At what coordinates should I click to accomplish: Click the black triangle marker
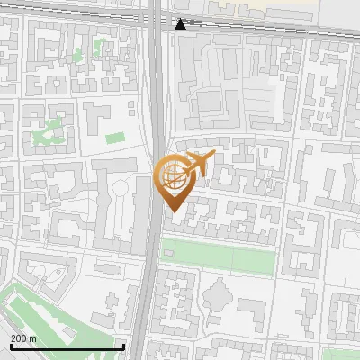point(181,24)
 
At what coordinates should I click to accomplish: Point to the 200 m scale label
point(23,338)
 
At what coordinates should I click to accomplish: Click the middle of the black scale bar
point(67,346)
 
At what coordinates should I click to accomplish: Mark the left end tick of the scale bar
point(10,346)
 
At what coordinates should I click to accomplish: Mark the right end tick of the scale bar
point(123,346)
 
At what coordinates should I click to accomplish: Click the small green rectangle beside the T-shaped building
point(114,139)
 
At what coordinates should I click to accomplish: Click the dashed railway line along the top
point(270,26)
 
